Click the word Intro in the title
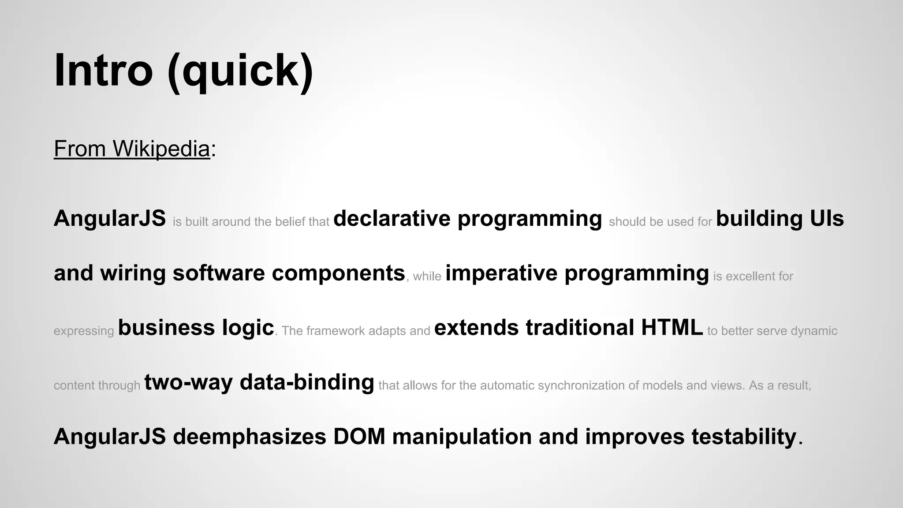click(103, 71)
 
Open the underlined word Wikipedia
click(161, 149)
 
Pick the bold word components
click(338, 273)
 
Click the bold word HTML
click(672, 328)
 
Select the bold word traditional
click(580, 328)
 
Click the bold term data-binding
click(307, 382)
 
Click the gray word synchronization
click(582, 385)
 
